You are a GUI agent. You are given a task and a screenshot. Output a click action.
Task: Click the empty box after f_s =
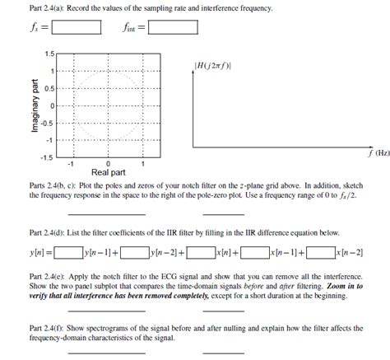[77, 28]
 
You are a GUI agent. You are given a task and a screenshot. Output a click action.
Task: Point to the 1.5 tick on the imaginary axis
[49, 55]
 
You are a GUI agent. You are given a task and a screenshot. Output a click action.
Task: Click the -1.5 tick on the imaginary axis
[47, 157]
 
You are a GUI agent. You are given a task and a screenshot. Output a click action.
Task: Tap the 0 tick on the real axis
[108, 163]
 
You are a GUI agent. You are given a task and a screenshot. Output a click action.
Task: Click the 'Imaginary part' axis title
[34, 105]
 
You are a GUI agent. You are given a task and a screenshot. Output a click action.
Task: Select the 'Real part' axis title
[108, 173]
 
